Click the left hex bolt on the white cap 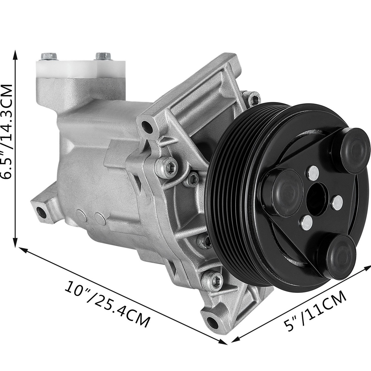[x=46, y=56]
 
